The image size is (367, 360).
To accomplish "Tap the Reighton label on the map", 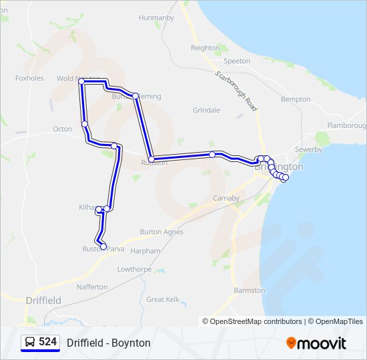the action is click(205, 48).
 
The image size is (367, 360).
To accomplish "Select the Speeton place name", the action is click(237, 61).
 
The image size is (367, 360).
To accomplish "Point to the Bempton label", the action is click(296, 99).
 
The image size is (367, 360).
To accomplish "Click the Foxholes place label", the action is click(29, 78).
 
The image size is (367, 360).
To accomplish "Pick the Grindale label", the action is click(206, 110).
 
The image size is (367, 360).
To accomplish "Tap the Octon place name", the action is click(63, 129).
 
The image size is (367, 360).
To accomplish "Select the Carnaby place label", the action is click(226, 198).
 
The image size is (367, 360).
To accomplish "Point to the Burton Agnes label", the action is click(161, 232).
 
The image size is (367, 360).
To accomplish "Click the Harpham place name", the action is click(146, 251).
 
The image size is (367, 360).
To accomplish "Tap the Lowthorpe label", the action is click(135, 269).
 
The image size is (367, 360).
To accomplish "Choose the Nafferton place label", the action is click(92, 287).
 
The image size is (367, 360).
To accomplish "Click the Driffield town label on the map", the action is click(43, 301).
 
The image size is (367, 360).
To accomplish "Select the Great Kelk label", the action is click(163, 300).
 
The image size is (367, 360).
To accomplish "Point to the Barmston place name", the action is click(250, 291).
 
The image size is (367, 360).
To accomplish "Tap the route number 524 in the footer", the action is click(47, 342).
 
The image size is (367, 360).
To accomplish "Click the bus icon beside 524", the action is click(30, 342).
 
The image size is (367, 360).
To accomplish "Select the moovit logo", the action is click(316, 343).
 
